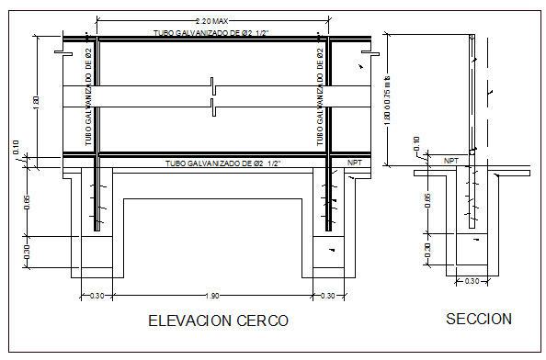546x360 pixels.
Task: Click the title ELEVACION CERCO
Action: tap(218, 321)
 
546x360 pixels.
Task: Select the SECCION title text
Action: tap(478, 319)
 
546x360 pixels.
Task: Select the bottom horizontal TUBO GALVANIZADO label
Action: tap(222, 163)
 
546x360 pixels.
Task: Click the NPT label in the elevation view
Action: tap(355, 163)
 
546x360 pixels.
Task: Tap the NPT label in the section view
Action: tap(451, 160)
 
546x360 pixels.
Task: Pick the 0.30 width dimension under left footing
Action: tap(95, 295)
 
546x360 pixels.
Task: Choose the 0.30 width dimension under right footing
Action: tap(328, 295)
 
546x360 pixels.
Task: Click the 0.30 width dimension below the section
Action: tap(472, 281)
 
